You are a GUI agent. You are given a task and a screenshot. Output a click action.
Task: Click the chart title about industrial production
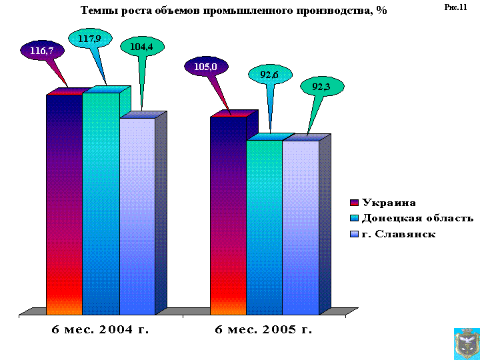pos(233,11)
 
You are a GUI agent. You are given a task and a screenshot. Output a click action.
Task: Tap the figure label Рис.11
pos(455,7)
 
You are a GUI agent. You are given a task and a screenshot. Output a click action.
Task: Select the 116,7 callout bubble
pos(42,50)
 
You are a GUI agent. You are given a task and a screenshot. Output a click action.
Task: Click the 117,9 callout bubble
pos(89,39)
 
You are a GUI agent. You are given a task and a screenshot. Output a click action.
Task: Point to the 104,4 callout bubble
pos(142,47)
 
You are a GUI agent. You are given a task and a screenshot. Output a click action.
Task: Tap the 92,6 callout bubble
pos(269,75)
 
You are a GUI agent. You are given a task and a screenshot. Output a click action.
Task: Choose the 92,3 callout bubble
pos(322,86)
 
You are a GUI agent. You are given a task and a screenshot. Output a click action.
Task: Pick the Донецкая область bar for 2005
pos(265,227)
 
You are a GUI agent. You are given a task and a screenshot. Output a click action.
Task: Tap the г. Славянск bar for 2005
pos(301,227)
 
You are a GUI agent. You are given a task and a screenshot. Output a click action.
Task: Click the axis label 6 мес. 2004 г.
pos(100,329)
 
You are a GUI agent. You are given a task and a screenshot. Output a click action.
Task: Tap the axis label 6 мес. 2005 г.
pos(264,329)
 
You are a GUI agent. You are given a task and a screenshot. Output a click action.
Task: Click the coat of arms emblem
pos(465,343)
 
